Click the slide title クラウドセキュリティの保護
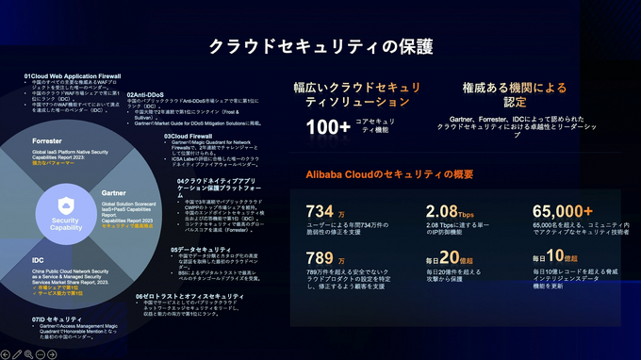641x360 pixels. [x=320, y=45]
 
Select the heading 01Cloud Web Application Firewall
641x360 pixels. [x=72, y=74]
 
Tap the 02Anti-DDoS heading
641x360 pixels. [x=149, y=94]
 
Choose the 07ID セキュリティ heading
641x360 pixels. [x=58, y=319]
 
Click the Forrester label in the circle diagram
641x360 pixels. [x=47, y=140]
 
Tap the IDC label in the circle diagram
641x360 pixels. [x=39, y=259]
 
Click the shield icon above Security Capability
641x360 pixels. [x=65, y=206]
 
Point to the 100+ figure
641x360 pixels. [x=329, y=127]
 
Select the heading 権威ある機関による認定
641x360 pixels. [x=515, y=94]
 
